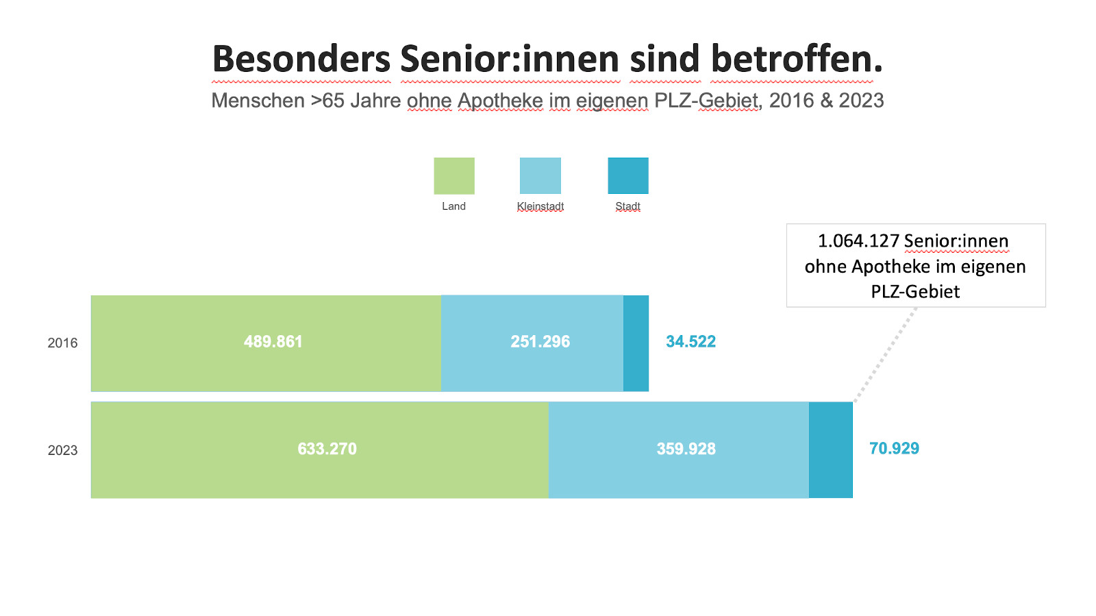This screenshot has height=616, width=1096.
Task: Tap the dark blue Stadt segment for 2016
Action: (x=636, y=343)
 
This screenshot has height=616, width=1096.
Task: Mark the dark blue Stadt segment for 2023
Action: (x=830, y=449)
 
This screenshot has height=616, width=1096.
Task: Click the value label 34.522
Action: (x=690, y=341)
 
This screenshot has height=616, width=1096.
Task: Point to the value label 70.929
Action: (x=894, y=448)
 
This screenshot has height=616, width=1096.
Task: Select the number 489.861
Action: (x=273, y=341)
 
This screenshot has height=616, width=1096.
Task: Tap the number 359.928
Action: (x=686, y=449)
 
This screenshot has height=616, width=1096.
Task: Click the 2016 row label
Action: (x=62, y=343)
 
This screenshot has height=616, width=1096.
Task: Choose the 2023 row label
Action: (x=62, y=450)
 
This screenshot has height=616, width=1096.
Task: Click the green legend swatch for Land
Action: (x=453, y=176)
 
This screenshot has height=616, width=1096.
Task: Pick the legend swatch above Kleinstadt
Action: (x=540, y=176)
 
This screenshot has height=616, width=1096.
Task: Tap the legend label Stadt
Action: (x=627, y=206)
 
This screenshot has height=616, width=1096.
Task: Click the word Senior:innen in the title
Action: (x=510, y=59)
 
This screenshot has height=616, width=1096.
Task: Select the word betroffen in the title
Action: (x=796, y=59)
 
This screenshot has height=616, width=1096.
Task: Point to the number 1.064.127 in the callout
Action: (x=858, y=241)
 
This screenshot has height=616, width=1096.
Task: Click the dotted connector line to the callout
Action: (x=885, y=355)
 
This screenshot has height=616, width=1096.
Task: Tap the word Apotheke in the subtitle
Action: (x=500, y=101)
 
